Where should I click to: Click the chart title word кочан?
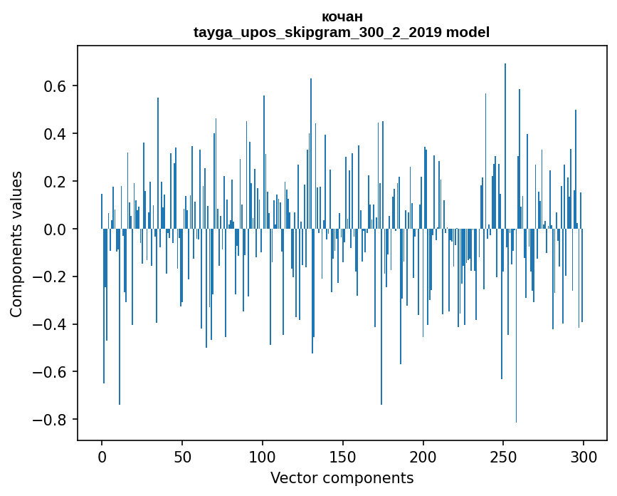point(342,16)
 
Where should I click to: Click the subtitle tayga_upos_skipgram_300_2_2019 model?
point(342,32)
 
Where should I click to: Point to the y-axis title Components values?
point(16,244)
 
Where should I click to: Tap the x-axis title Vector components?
point(342,477)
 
